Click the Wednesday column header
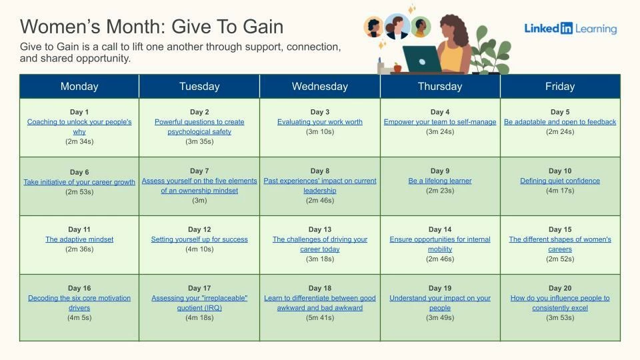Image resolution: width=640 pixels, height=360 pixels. [x=319, y=86]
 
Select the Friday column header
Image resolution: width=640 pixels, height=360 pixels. [x=560, y=86]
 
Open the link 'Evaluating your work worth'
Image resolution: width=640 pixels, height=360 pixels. [x=319, y=121]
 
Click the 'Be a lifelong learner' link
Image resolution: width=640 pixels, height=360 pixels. [x=440, y=181]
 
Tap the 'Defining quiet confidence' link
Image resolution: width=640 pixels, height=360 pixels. [x=560, y=181]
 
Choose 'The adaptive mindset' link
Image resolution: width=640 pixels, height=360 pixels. [x=79, y=239]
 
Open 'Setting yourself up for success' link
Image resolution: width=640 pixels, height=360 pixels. [x=199, y=239]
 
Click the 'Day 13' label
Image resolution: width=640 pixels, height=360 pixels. [x=319, y=229]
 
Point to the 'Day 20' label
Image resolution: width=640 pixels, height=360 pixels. [x=560, y=288]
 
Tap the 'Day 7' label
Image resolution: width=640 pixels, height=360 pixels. [x=199, y=171]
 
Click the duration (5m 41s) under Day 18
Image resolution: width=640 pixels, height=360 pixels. [x=319, y=317]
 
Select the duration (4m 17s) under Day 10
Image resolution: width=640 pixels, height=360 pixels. [x=560, y=190]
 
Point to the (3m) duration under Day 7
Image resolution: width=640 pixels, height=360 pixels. [x=199, y=200]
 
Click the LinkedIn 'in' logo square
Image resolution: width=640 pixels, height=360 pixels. [x=567, y=28]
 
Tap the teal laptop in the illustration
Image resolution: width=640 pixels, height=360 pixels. [x=422, y=59]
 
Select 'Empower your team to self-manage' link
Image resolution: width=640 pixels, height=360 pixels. [x=440, y=121]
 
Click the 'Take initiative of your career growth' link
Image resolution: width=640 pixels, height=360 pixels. [x=79, y=181]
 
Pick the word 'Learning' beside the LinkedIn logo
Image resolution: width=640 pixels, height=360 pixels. [x=596, y=29]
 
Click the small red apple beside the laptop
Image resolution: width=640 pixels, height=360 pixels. [x=397, y=67]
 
